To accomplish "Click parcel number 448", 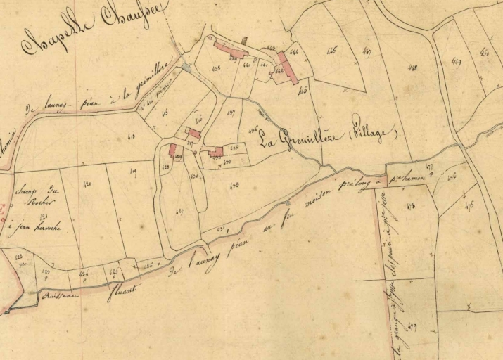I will (x=412, y=68).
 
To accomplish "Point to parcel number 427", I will (x=179, y=211).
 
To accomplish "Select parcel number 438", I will (x=216, y=68).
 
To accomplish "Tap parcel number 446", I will (x=331, y=50).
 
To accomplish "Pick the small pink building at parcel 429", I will (x=172, y=150).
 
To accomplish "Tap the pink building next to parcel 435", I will (x=215, y=152).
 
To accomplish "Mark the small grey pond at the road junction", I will (x=186, y=67).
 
